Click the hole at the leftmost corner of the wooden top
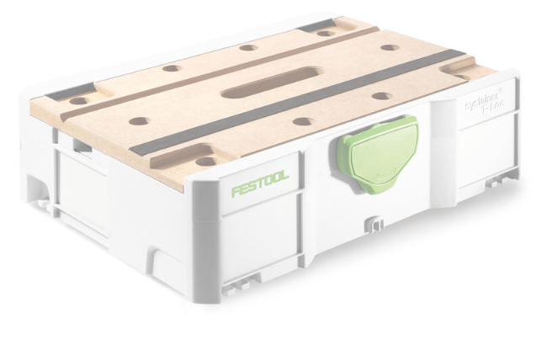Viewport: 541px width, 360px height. click(78, 101)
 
